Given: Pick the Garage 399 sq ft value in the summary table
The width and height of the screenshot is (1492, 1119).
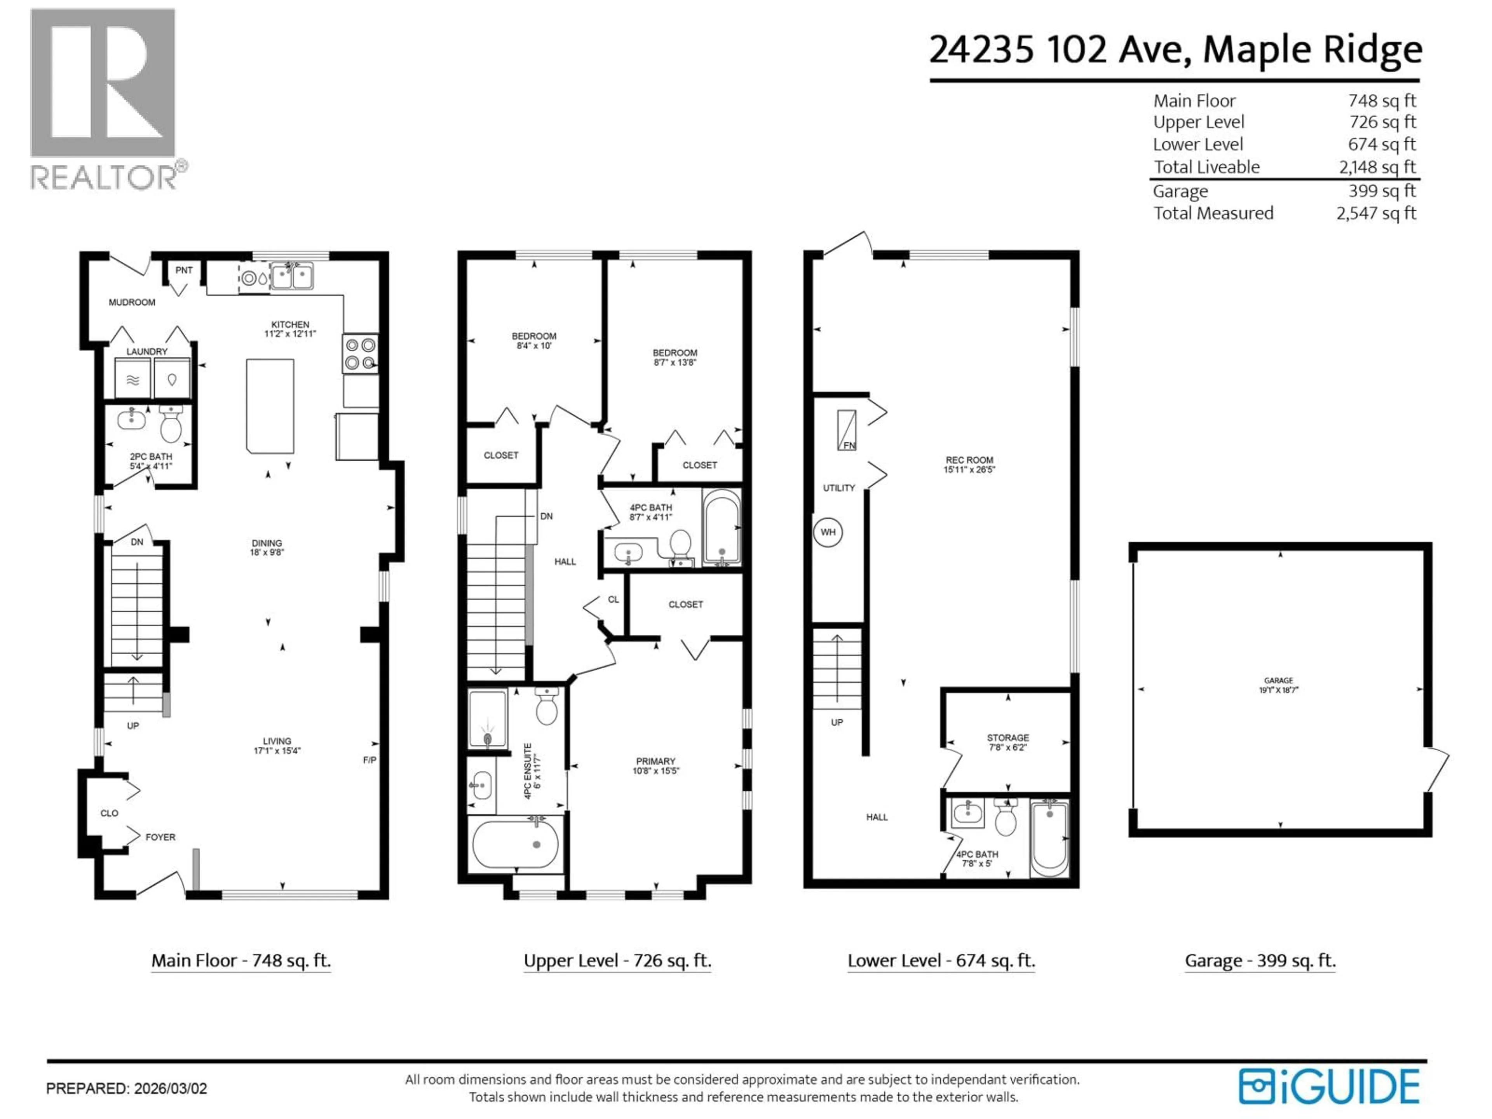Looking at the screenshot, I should [x=1381, y=191].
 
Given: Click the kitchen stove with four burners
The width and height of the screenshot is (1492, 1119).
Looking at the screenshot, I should [x=359, y=354].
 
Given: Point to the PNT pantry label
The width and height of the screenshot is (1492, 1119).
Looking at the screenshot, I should [x=183, y=270].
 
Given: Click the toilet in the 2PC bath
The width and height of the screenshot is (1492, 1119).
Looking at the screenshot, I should [x=171, y=424].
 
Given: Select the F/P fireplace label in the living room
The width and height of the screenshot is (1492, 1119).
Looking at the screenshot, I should [x=370, y=760].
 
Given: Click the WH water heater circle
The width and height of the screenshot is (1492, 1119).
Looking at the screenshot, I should [x=828, y=532].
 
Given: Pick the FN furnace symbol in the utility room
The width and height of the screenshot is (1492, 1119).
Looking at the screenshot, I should [x=847, y=431].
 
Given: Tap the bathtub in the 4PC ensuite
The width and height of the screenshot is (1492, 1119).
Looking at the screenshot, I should [x=515, y=844].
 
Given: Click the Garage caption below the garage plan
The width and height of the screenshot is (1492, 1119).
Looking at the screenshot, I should [x=1259, y=960].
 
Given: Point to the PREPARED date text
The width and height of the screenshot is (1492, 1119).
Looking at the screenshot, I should [x=127, y=1088].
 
